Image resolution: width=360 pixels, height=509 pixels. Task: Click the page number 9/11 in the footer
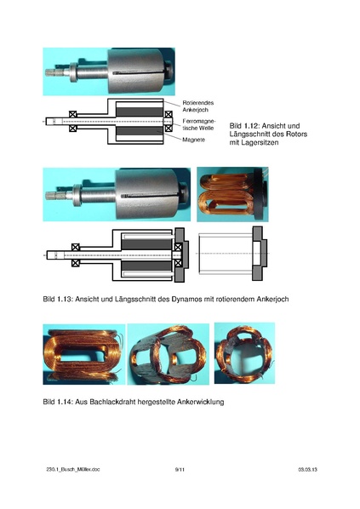click(180, 469)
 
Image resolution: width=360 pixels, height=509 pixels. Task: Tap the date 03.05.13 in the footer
click(307, 469)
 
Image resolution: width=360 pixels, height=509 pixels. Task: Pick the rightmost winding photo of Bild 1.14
click(243, 352)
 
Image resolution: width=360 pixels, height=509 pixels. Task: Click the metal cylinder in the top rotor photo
click(140, 70)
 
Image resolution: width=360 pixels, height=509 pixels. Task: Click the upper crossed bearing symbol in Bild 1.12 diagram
click(73, 114)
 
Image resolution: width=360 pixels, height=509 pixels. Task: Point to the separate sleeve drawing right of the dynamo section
click(231, 254)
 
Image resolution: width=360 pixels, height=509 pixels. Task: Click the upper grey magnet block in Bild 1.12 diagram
click(136, 112)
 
